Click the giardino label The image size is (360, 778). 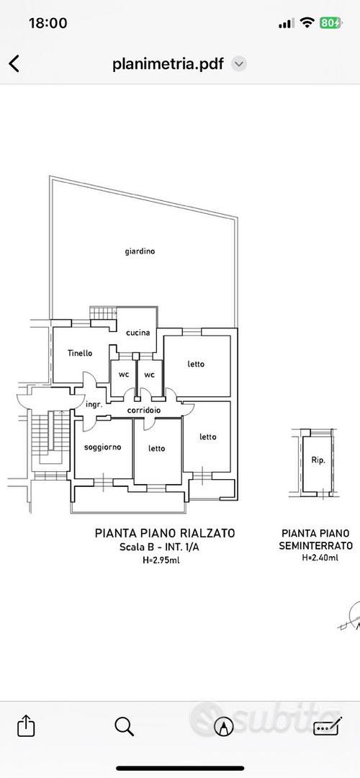coord(140,251)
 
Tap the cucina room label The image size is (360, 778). coord(138,333)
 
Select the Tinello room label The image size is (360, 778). coord(80,353)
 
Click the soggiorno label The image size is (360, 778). coord(103,447)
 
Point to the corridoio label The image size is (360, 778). coord(144,411)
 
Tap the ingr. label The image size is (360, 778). coord(94,404)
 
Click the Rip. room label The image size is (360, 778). coord(318,460)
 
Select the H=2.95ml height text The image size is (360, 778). coord(165,560)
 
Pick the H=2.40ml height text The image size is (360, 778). coord(320,558)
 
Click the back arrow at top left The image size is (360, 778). coord(14,63)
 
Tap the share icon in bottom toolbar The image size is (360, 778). coord(26,726)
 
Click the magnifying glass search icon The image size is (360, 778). coord(124,727)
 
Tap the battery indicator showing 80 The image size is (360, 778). coord(330,22)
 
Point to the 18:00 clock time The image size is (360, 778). coord(48,23)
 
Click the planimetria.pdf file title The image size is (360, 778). coord(168,64)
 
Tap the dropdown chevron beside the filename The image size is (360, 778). coord(239,64)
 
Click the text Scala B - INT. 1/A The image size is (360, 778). coord(165,547)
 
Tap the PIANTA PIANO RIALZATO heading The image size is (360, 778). coord(165,533)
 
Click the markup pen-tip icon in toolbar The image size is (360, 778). coord(224,727)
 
